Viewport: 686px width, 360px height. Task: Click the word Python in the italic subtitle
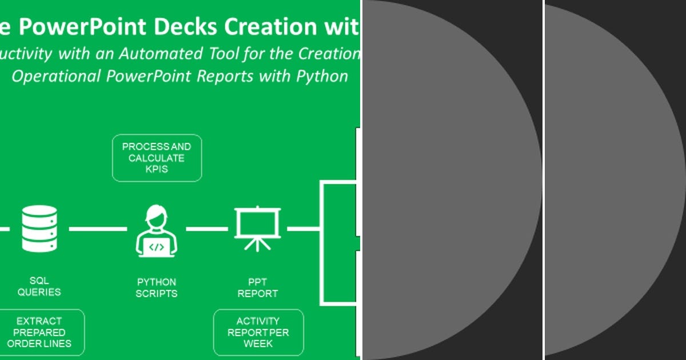click(x=321, y=76)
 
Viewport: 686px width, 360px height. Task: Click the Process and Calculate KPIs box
click(x=157, y=158)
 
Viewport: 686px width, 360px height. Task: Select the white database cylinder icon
click(x=39, y=229)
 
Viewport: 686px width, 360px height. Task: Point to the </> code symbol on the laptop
click(x=157, y=247)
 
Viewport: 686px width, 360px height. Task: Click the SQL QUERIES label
click(x=39, y=286)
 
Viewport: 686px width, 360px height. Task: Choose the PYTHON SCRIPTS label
click(x=157, y=287)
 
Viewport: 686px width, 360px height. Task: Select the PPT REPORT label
click(x=257, y=287)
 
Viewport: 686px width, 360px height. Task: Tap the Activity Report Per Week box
click(x=258, y=332)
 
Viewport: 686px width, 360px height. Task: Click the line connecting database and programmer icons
click(x=98, y=229)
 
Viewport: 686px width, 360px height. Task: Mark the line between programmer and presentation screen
click(x=207, y=229)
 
